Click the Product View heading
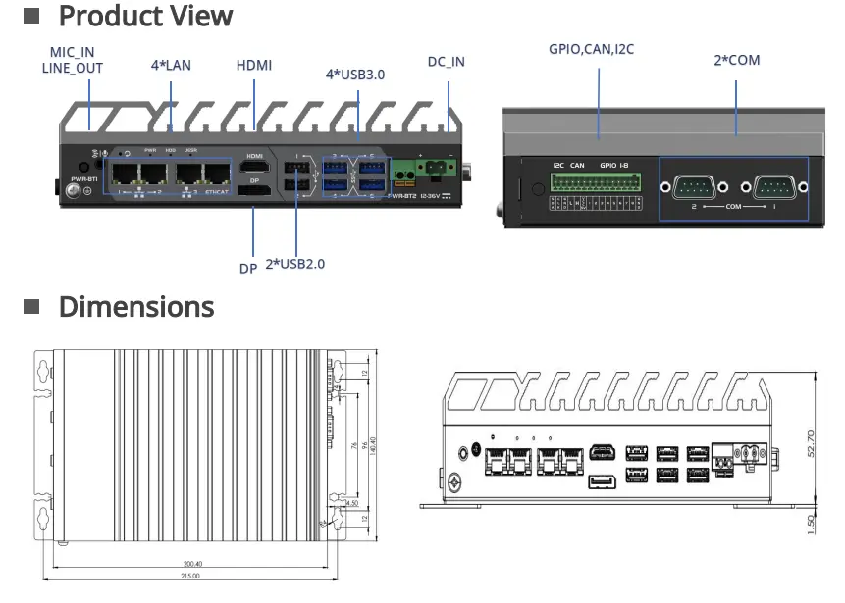[x=145, y=17]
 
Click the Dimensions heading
[x=135, y=307]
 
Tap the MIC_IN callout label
[x=73, y=51]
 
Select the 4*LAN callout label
[x=171, y=65]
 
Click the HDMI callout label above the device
[x=254, y=65]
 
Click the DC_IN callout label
[x=446, y=62]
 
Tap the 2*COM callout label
[x=736, y=60]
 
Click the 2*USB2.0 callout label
[x=295, y=264]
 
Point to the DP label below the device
[x=248, y=268]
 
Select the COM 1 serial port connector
[x=775, y=186]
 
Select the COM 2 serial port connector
[x=693, y=186]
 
